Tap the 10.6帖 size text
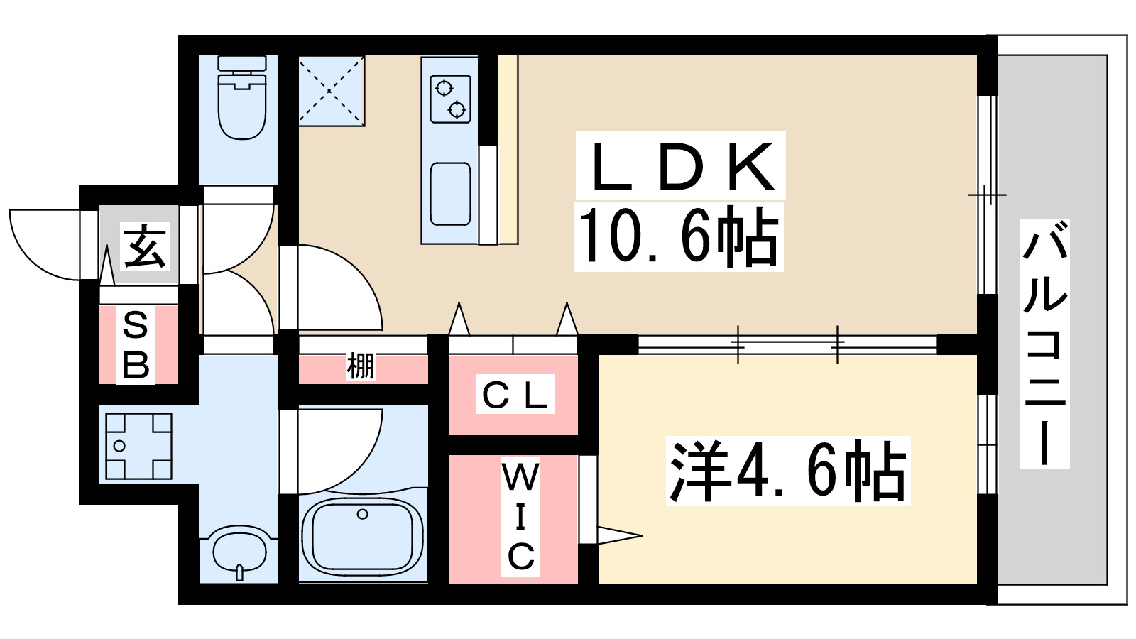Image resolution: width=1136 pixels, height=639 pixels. coord(678,236)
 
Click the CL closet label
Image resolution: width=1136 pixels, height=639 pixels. coord(515,395)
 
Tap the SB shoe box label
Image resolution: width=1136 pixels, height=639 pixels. coord(136,345)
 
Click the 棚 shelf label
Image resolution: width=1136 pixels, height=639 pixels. coord(361,367)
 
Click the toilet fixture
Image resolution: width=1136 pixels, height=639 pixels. coord(242,99)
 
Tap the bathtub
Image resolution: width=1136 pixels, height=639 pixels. coord(362,536)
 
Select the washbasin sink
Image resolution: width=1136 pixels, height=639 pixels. coord(240,550)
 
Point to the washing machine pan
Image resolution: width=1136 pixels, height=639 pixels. coord(138,446)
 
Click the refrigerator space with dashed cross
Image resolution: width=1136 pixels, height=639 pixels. coord(331,91)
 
